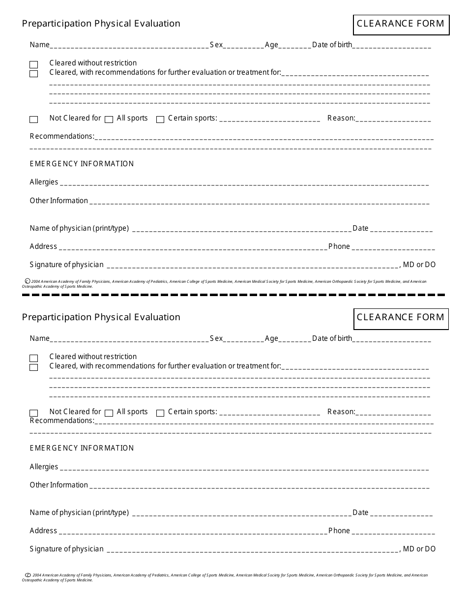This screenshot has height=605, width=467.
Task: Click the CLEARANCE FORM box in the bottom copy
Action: [401, 318]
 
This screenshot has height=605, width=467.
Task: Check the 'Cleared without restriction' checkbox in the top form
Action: [33, 64]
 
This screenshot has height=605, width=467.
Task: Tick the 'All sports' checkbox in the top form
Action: [109, 119]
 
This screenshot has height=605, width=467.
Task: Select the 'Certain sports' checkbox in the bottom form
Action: [160, 413]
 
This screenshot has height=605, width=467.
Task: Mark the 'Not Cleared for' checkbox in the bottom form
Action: [33, 413]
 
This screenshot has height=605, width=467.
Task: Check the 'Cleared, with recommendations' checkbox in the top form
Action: [33, 74]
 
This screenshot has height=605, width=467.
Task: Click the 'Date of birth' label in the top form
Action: [332, 45]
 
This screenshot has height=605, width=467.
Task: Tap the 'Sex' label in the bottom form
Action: [216, 338]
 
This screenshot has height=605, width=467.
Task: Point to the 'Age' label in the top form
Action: [271, 45]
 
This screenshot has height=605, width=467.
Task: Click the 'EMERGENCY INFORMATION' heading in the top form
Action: [82, 164]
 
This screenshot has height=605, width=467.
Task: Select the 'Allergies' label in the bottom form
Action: [44, 467]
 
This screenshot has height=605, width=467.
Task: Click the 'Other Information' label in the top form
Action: [58, 201]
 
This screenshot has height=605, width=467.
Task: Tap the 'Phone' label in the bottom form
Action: [339, 531]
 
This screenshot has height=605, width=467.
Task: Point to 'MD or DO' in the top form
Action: [419, 265]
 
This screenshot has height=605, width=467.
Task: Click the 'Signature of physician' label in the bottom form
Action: [66, 549]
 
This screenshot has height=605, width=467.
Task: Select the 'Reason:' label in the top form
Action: [341, 118]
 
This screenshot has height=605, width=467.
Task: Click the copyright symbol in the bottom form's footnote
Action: [28, 575]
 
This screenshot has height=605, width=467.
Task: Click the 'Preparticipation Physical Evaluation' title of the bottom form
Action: [101, 317]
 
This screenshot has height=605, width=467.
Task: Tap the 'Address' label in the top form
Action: [43, 246]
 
